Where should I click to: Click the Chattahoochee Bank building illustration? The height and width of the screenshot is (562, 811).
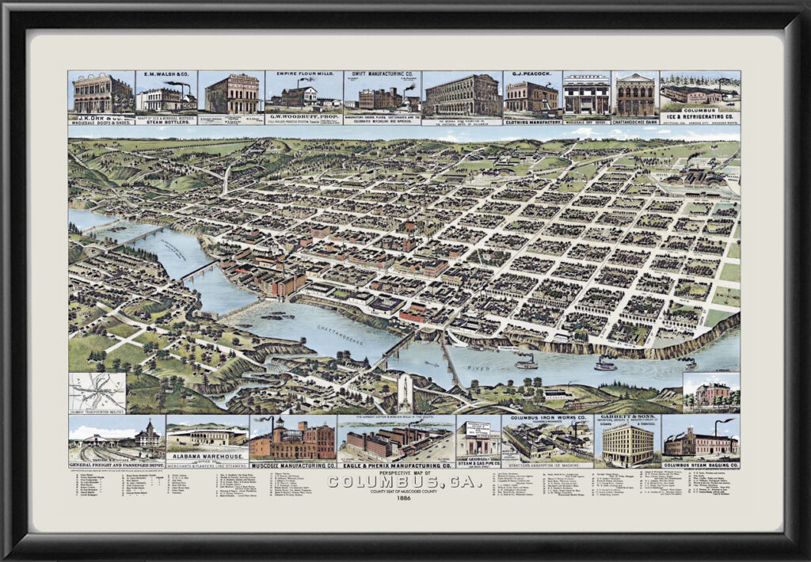(635, 96)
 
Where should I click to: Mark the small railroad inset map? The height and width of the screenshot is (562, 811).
(97, 393)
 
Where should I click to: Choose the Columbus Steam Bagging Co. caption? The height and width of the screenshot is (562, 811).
(700, 464)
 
